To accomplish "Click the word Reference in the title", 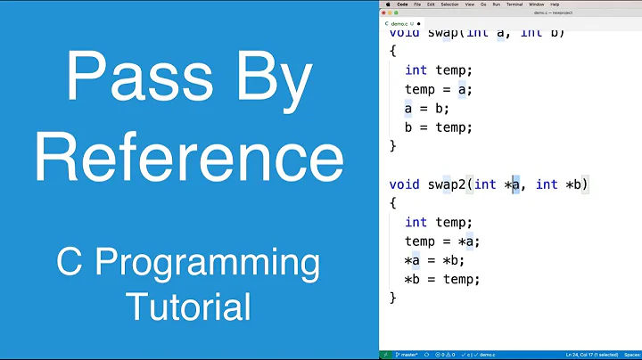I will pyautogui.click(x=189, y=160).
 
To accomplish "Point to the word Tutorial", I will pyautogui.click(x=189, y=307).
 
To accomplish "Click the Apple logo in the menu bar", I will pyautogui.click(x=388, y=4).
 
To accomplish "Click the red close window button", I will pyautogui.click(x=384, y=13).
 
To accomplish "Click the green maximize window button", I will pyautogui.click(x=399, y=13).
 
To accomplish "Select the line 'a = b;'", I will pyautogui.click(x=427, y=108).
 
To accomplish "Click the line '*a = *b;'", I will pyautogui.click(x=435, y=260).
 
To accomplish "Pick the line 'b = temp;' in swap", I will pyautogui.click(x=438, y=127).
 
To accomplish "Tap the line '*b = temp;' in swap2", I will pyautogui.click(x=442, y=279).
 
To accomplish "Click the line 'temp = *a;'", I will pyautogui.click(x=442, y=241).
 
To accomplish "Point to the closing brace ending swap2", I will pyautogui.click(x=393, y=298).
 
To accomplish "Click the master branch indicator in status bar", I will pyautogui.click(x=407, y=354).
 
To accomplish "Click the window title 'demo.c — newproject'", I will pyautogui.click(x=552, y=13).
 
